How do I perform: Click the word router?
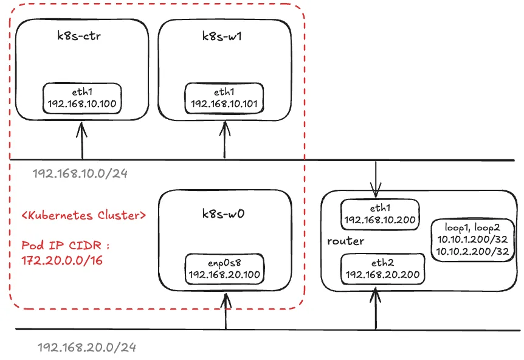[346, 241]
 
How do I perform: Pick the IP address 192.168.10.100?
[81, 104]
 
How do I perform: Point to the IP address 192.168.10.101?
[224, 104]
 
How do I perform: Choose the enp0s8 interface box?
[224, 268]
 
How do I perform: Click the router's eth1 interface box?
[379, 214]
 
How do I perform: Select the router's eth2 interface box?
[383, 268]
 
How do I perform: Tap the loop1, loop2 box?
[472, 240]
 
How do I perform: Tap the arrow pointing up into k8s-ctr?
[81, 140]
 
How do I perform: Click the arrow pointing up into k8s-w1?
[226, 140]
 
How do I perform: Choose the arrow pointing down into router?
[377, 176]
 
